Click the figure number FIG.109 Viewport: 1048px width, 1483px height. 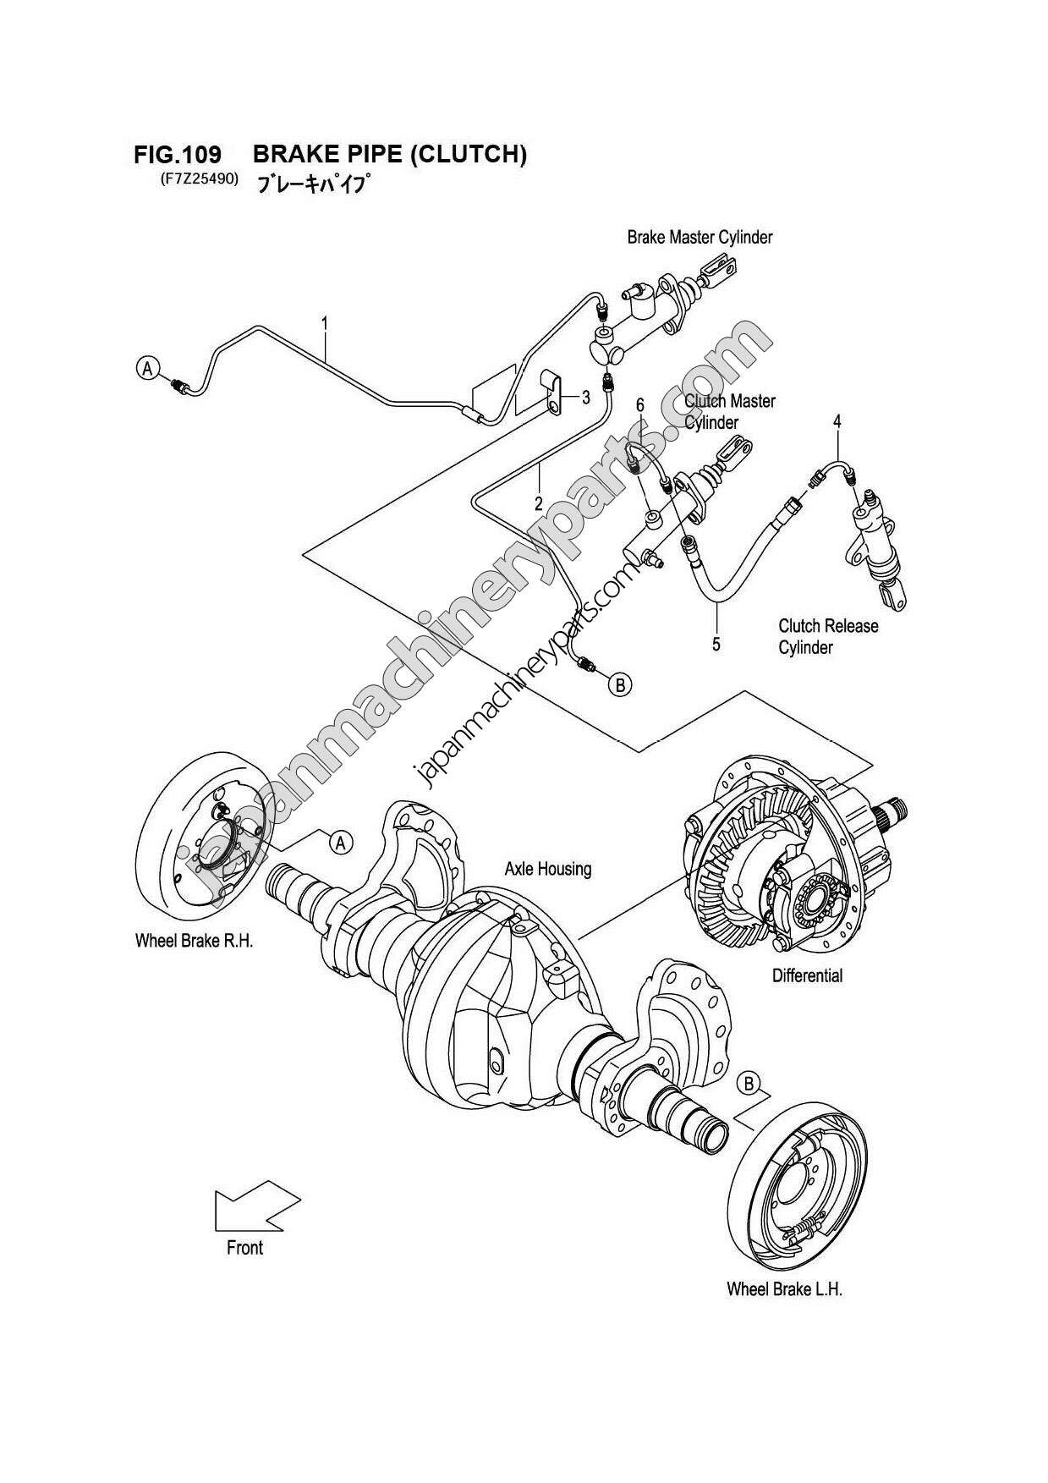click(177, 155)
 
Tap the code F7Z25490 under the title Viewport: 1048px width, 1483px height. click(197, 179)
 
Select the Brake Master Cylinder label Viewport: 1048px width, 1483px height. click(699, 237)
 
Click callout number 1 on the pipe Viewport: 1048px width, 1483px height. click(324, 322)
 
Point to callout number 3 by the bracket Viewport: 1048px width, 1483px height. click(585, 397)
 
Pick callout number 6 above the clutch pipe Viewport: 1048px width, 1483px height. click(640, 405)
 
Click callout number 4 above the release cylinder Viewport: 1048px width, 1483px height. click(837, 420)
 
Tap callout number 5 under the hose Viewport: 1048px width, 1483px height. click(716, 645)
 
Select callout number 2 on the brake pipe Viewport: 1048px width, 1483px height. click(538, 504)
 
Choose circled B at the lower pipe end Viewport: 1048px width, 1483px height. click(620, 684)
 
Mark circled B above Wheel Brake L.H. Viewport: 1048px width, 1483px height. click(749, 1082)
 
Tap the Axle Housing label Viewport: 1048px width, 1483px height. click(547, 868)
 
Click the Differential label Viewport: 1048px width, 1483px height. click(807, 975)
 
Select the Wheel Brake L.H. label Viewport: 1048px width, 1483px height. click(784, 1289)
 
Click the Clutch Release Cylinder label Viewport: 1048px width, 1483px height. click(815, 636)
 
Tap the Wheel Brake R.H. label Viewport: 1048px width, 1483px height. click(194, 941)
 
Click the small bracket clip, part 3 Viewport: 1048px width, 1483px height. click(550, 393)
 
